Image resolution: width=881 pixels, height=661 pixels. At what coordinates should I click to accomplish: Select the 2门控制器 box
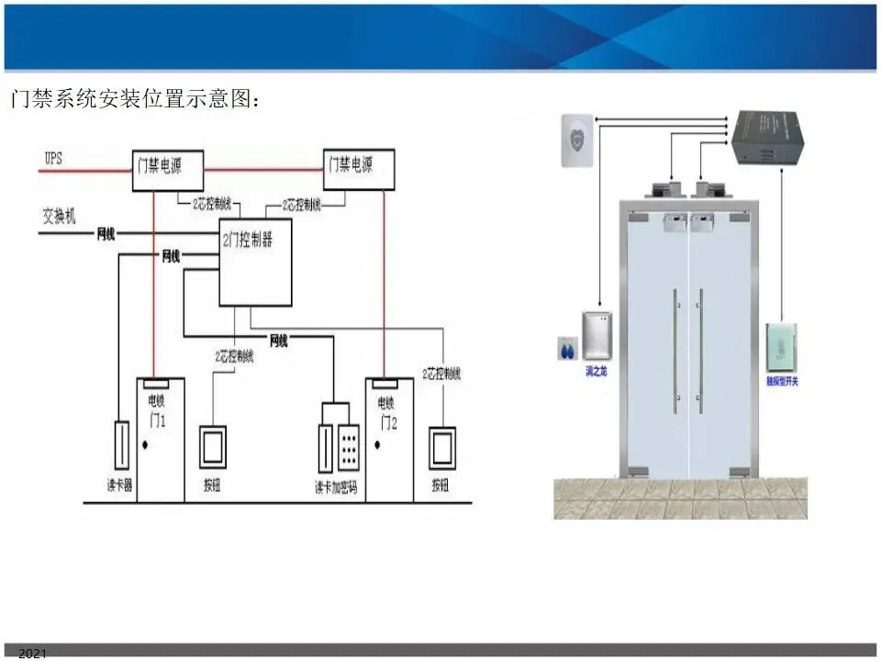click(x=255, y=263)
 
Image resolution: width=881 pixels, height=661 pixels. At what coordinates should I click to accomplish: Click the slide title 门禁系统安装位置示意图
click(x=134, y=98)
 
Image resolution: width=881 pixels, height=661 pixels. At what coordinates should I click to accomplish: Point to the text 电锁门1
click(x=156, y=409)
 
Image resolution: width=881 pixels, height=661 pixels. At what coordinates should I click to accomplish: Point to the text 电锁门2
click(x=386, y=409)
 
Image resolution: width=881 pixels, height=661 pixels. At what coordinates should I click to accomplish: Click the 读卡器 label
click(x=119, y=486)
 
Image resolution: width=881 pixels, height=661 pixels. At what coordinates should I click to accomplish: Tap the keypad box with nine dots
click(x=349, y=448)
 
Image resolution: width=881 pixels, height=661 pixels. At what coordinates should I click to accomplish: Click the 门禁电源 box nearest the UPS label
click(x=168, y=169)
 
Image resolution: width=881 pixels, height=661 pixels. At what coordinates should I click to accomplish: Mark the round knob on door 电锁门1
click(x=145, y=446)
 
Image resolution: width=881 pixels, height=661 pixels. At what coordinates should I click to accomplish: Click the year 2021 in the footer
click(x=31, y=654)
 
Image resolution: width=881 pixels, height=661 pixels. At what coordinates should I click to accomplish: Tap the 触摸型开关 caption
click(x=782, y=381)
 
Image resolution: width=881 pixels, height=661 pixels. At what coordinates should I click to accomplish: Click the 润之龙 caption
click(x=597, y=372)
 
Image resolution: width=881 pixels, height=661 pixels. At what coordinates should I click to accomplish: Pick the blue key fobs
click(x=565, y=349)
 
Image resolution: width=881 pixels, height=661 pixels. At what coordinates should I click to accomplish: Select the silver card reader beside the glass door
click(x=596, y=336)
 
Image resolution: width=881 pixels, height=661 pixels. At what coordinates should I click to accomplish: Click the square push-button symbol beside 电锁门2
click(x=441, y=447)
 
